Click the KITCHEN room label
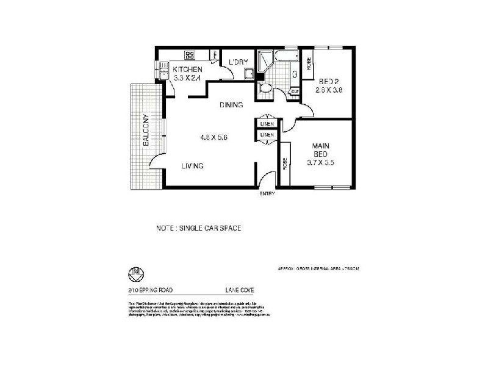coord(187,69)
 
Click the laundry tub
coord(249,74)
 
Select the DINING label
coord(232,105)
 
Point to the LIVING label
coord(192,166)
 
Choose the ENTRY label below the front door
coord(267,194)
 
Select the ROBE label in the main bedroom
coord(285,164)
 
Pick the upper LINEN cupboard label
coord(267,124)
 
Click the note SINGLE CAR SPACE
coord(198,228)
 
